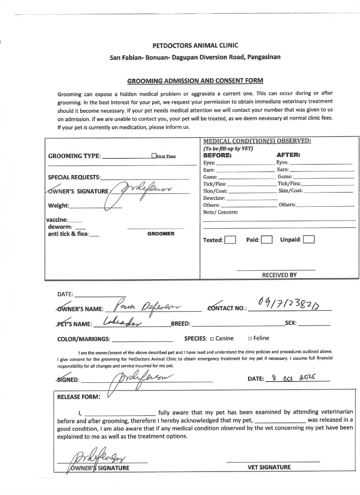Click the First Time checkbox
154,156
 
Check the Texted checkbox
230,240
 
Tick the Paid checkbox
267,240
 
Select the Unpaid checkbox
309,240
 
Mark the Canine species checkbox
212,339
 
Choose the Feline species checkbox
250,339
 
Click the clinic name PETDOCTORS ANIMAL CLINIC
195,45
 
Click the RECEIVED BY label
279,275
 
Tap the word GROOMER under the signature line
161,234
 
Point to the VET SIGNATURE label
269,467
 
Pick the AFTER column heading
288,155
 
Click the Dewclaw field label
214,198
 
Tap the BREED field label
180,324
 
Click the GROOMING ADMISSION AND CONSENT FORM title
195,81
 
